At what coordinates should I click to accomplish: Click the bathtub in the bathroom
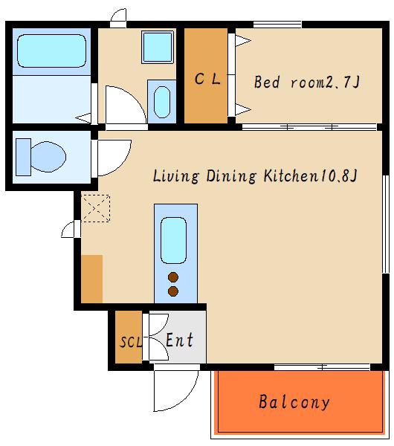coord(51,51)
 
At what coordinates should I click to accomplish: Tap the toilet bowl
coord(48,157)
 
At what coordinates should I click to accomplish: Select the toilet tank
coord(23,157)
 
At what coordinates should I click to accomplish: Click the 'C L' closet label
coord(207,79)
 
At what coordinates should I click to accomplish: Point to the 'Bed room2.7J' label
coord(307,82)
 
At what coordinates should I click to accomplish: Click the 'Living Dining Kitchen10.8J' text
coord(255,175)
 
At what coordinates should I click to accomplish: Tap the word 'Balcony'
coord(294,402)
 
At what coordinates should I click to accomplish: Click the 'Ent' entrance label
coord(180,340)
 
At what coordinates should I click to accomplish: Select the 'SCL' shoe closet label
coord(130,342)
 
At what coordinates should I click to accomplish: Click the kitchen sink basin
coord(173,241)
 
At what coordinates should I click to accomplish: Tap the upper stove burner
coord(173,277)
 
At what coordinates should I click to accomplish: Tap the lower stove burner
coord(173,291)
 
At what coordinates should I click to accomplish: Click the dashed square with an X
coord(96,208)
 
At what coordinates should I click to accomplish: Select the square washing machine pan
coord(158,48)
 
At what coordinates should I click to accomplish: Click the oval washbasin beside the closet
coord(162,102)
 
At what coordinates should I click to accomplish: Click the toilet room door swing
coord(114,158)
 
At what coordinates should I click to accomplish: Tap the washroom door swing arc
coord(126,105)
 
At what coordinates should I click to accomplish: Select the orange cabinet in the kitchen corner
coord(92,279)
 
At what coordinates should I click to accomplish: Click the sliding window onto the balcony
coord(322,367)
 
